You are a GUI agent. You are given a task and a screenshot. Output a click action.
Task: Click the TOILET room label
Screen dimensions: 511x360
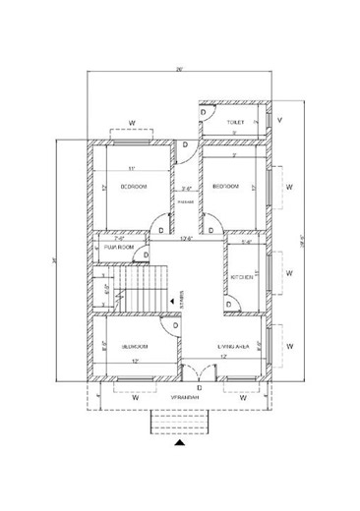coord(234,123)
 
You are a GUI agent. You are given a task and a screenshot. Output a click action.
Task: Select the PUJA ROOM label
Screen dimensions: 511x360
coord(118,249)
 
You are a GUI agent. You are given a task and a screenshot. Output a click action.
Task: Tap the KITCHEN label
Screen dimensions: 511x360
coord(242,278)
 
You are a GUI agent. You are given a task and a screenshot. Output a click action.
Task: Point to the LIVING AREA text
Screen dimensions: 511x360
coord(233,347)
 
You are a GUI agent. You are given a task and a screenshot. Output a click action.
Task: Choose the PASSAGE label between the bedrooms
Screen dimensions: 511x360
coord(185,201)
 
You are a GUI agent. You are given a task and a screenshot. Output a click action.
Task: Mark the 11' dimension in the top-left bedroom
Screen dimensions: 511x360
coord(131,168)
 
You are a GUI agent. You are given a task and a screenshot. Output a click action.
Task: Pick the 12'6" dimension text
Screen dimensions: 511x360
coord(185,238)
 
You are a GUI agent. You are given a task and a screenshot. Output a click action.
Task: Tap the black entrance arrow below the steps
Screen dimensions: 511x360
coord(179,443)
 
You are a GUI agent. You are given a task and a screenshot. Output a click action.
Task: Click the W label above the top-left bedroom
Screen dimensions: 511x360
coord(131,124)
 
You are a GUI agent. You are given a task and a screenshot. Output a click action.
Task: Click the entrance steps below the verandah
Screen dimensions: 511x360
coord(179,422)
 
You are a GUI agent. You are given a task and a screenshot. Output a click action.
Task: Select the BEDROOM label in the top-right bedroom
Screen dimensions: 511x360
coord(227,186)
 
